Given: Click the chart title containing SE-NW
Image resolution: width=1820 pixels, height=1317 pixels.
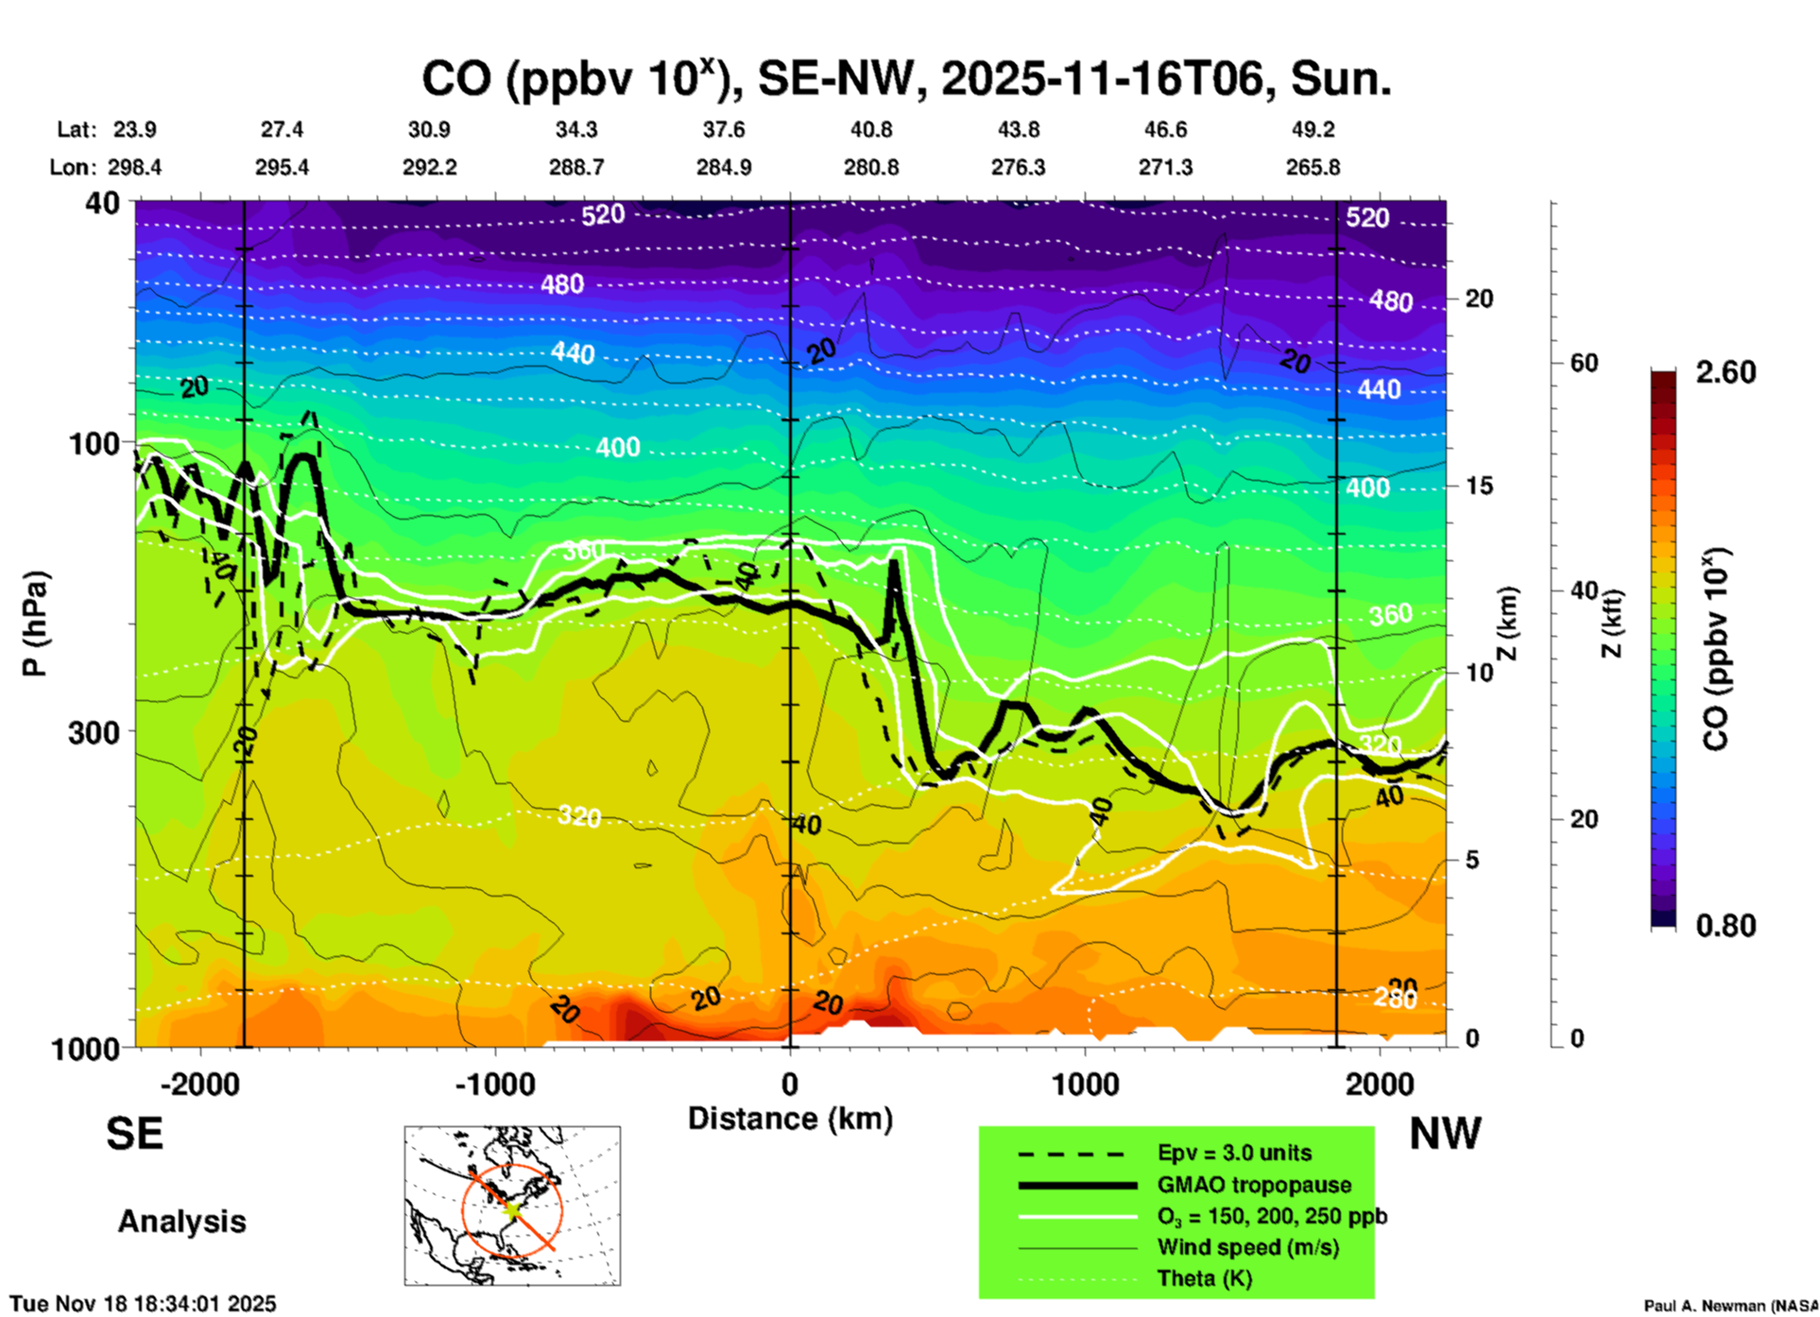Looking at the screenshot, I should click(x=906, y=78).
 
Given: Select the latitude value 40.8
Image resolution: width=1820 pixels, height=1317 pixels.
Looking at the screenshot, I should click(x=870, y=129).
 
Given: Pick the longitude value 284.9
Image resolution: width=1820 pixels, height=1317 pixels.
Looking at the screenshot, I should click(x=724, y=167).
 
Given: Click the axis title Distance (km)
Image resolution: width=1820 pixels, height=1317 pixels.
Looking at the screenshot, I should click(x=790, y=1119).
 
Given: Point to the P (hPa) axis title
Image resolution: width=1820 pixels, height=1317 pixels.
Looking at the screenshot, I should click(x=35, y=624).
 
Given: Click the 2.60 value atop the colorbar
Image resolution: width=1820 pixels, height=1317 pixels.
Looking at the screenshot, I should click(x=1726, y=372).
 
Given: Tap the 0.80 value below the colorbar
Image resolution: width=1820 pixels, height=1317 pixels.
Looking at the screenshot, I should click(x=1726, y=925).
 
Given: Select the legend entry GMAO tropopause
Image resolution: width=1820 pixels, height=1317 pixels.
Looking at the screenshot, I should click(x=1254, y=1185).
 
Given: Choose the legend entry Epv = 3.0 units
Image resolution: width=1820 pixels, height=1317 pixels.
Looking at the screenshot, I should click(x=1234, y=1153).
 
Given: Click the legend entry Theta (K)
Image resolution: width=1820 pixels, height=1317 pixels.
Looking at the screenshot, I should click(x=1204, y=1278).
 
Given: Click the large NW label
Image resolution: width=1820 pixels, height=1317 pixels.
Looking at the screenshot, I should click(x=1445, y=1134).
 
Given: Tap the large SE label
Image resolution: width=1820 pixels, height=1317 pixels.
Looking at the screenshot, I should click(x=134, y=1134).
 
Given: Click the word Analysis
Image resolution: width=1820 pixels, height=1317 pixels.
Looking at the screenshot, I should click(x=181, y=1222).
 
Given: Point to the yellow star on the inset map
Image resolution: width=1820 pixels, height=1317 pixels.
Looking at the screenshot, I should click(x=512, y=1209).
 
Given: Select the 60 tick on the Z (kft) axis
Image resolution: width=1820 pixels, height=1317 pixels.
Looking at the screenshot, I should click(x=1584, y=363).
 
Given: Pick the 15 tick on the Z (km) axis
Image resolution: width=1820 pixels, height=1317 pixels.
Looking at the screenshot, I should click(x=1479, y=486).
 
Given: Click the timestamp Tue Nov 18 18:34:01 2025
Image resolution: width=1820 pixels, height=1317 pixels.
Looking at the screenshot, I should click(x=144, y=1304).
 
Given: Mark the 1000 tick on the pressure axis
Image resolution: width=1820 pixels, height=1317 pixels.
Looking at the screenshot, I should click(x=84, y=1048).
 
